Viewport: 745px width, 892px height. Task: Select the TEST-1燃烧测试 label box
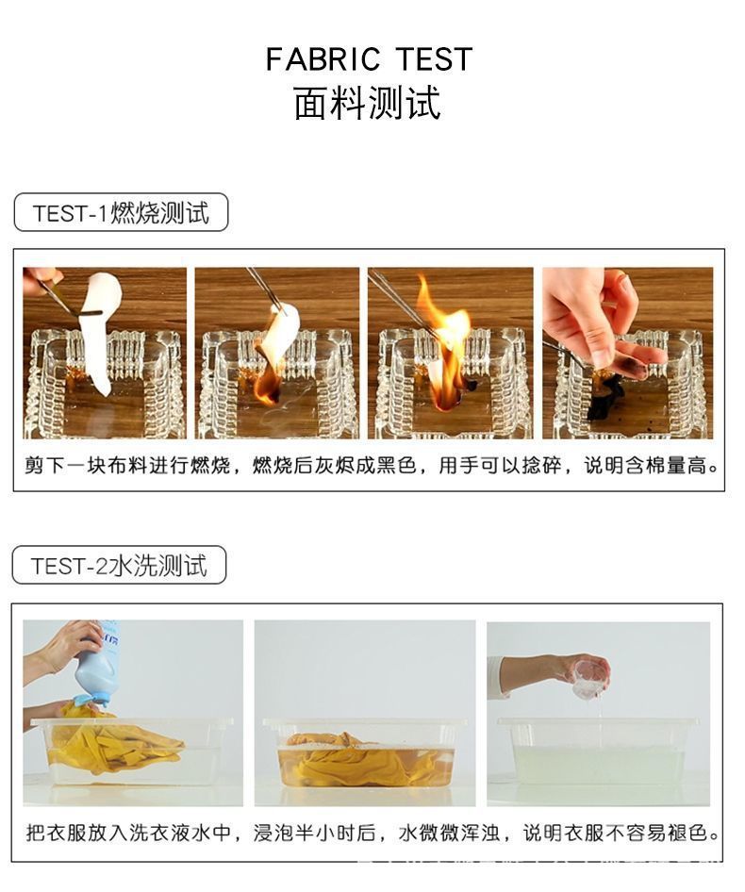[x=121, y=213]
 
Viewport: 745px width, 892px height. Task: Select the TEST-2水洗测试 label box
[x=119, y=566]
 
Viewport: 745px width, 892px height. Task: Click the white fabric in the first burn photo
[x=99, y=325]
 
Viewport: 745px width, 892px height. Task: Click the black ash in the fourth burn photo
[x=604, y=396]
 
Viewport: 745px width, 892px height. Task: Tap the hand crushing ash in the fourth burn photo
[x=594, y=316]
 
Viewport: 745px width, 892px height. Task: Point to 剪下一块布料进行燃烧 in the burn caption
[x=126, y=466]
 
